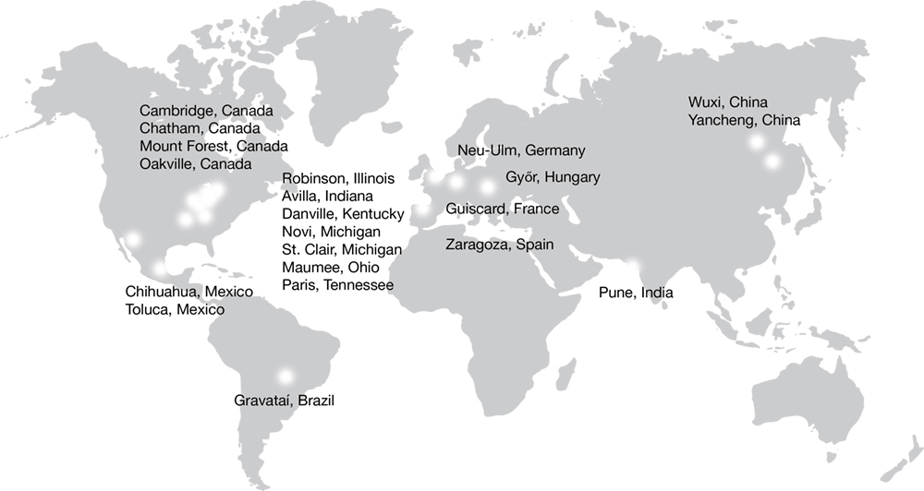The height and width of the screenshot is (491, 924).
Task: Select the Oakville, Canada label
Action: [196, 164]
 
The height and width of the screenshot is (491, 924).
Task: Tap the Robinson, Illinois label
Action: [338, 179]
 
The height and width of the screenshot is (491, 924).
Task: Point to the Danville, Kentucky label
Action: [343, 214]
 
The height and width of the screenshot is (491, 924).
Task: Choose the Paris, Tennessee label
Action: [337, 285]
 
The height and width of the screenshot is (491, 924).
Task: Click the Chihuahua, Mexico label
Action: [188, 293]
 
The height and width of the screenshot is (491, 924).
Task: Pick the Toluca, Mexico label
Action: [175, 310]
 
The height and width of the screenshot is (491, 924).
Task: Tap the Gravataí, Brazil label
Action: [283, 401]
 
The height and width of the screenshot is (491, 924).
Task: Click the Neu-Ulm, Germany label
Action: [521, 150]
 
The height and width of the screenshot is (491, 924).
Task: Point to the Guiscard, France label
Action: [502, 210]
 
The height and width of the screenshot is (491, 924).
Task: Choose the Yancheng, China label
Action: [744, 121]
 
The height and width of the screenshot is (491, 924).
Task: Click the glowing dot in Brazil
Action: [285, 376]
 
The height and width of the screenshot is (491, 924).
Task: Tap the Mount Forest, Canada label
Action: [213, 147]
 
